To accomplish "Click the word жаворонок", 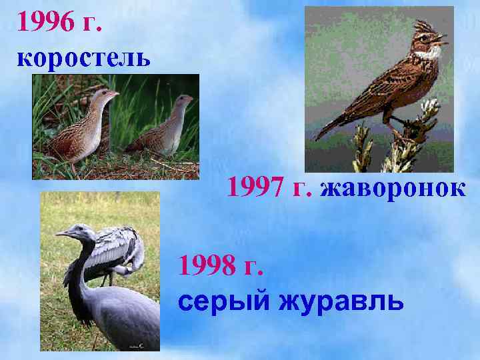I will (393, 189).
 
